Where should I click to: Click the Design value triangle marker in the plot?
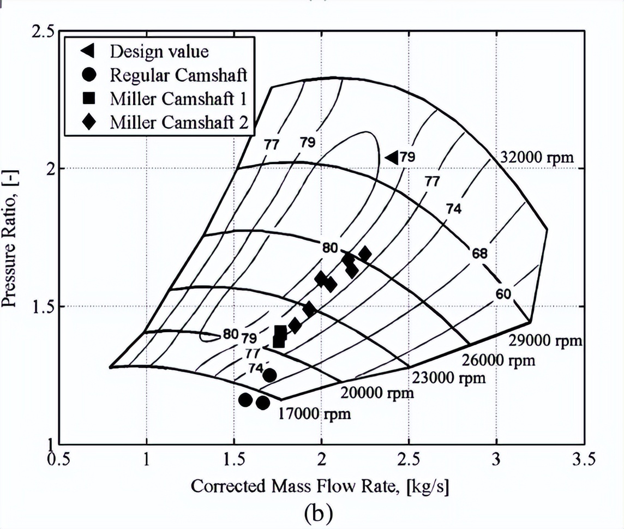[x=391, y=157]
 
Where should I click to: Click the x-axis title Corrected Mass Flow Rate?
[x=320, y=485]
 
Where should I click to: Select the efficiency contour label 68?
[x=480, y=254]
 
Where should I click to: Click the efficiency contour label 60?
[x=503, y=294]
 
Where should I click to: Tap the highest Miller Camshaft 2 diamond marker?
[x=365, y=254]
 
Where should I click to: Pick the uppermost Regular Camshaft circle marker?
[x=269, y=375]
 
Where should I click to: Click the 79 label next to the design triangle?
[x=407, y=157]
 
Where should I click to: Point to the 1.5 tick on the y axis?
[x=43, y=306]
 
